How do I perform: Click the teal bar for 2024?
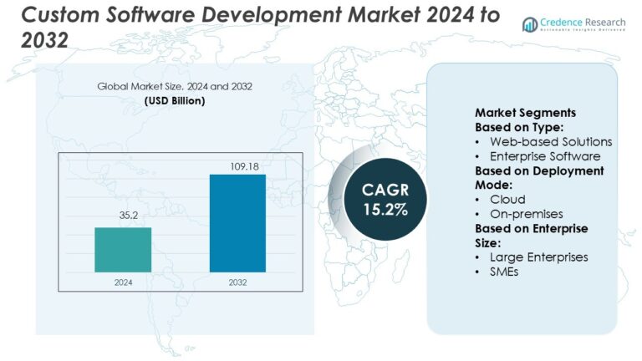click(123, 249)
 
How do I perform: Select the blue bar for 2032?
click(237, 223)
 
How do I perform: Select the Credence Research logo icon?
click(530, 24)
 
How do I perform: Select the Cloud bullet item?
click(507, 199)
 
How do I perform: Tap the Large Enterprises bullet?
click(539, 257)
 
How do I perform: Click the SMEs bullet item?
click(504, 271)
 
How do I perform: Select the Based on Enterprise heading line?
click(532, 228)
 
